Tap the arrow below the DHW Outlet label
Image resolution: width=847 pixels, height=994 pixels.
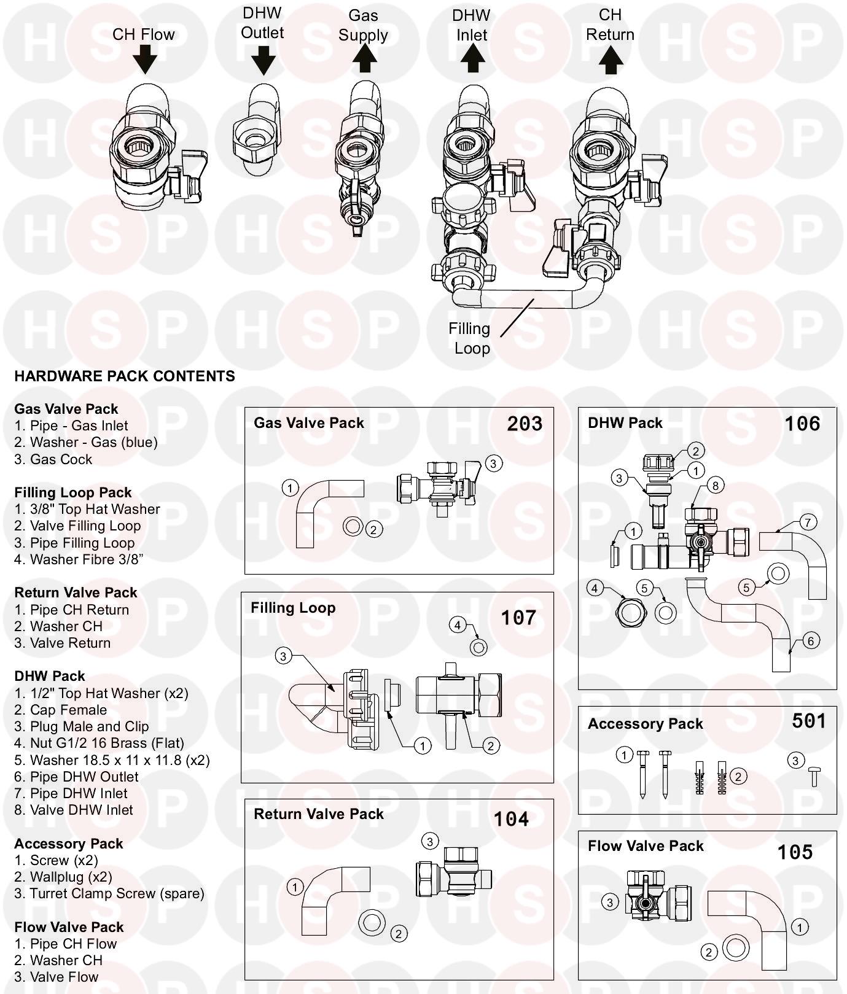(263, 60)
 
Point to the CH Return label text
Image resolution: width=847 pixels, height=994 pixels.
(610, 25)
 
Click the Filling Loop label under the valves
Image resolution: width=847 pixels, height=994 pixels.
(470, 338)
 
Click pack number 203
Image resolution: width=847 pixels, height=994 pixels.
(525, 424)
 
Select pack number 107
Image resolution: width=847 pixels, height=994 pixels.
(518, 617)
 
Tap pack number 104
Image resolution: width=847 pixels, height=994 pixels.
(511, 819)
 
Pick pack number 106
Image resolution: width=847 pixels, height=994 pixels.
(802, 424)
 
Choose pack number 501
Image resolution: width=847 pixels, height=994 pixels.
(809, 721)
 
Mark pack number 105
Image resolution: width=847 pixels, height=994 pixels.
(795, 852)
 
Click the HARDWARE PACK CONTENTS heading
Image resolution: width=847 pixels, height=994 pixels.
(125, 376)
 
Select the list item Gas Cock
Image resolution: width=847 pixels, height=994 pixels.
(53, 459)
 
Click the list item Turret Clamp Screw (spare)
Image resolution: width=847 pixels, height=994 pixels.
(109, 893)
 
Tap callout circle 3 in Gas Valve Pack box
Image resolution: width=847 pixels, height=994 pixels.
(494, 463)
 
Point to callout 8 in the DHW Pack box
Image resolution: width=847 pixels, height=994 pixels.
(715, 486)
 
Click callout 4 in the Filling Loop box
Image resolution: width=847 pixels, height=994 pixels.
(458, 626)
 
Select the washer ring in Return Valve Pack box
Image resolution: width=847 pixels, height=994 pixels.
(371, 923)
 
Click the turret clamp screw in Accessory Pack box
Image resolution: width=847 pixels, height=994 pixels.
(814, 777)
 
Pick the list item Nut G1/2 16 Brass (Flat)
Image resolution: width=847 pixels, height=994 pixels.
(99, 743)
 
